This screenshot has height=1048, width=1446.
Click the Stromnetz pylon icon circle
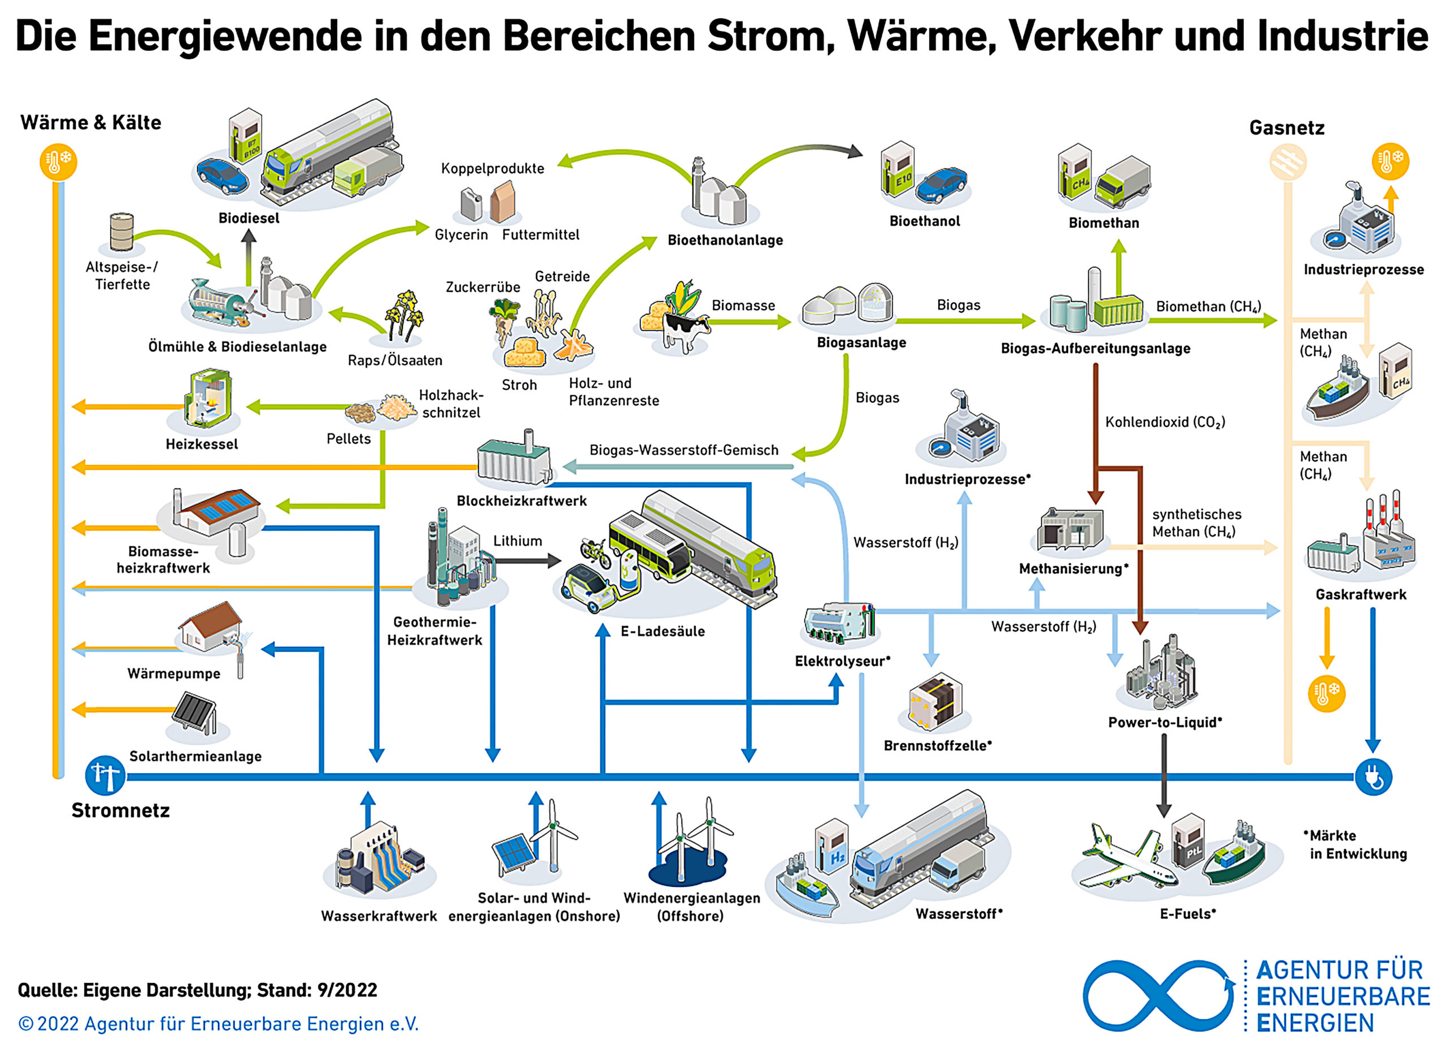[x=105, y=776]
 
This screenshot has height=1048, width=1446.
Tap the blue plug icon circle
[x=1373, y=776]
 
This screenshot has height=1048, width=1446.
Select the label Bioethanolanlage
[x=725, y=241]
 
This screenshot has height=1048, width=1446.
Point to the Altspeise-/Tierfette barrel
[x=122, y=232]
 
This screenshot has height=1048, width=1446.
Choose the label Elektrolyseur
[x=842, y=661]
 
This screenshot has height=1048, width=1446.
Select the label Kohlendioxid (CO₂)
[x=1165, y=422]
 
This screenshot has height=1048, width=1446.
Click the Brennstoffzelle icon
[x=935, y=701]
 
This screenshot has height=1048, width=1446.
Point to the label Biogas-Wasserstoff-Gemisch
[x=683, y=450]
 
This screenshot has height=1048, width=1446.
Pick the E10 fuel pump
[x=897, y=169]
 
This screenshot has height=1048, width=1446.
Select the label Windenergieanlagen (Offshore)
[x=692, y=906]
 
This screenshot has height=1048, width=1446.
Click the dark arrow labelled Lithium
[x=526, y=560]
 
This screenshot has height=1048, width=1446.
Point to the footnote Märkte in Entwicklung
[x=1355, y=845]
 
